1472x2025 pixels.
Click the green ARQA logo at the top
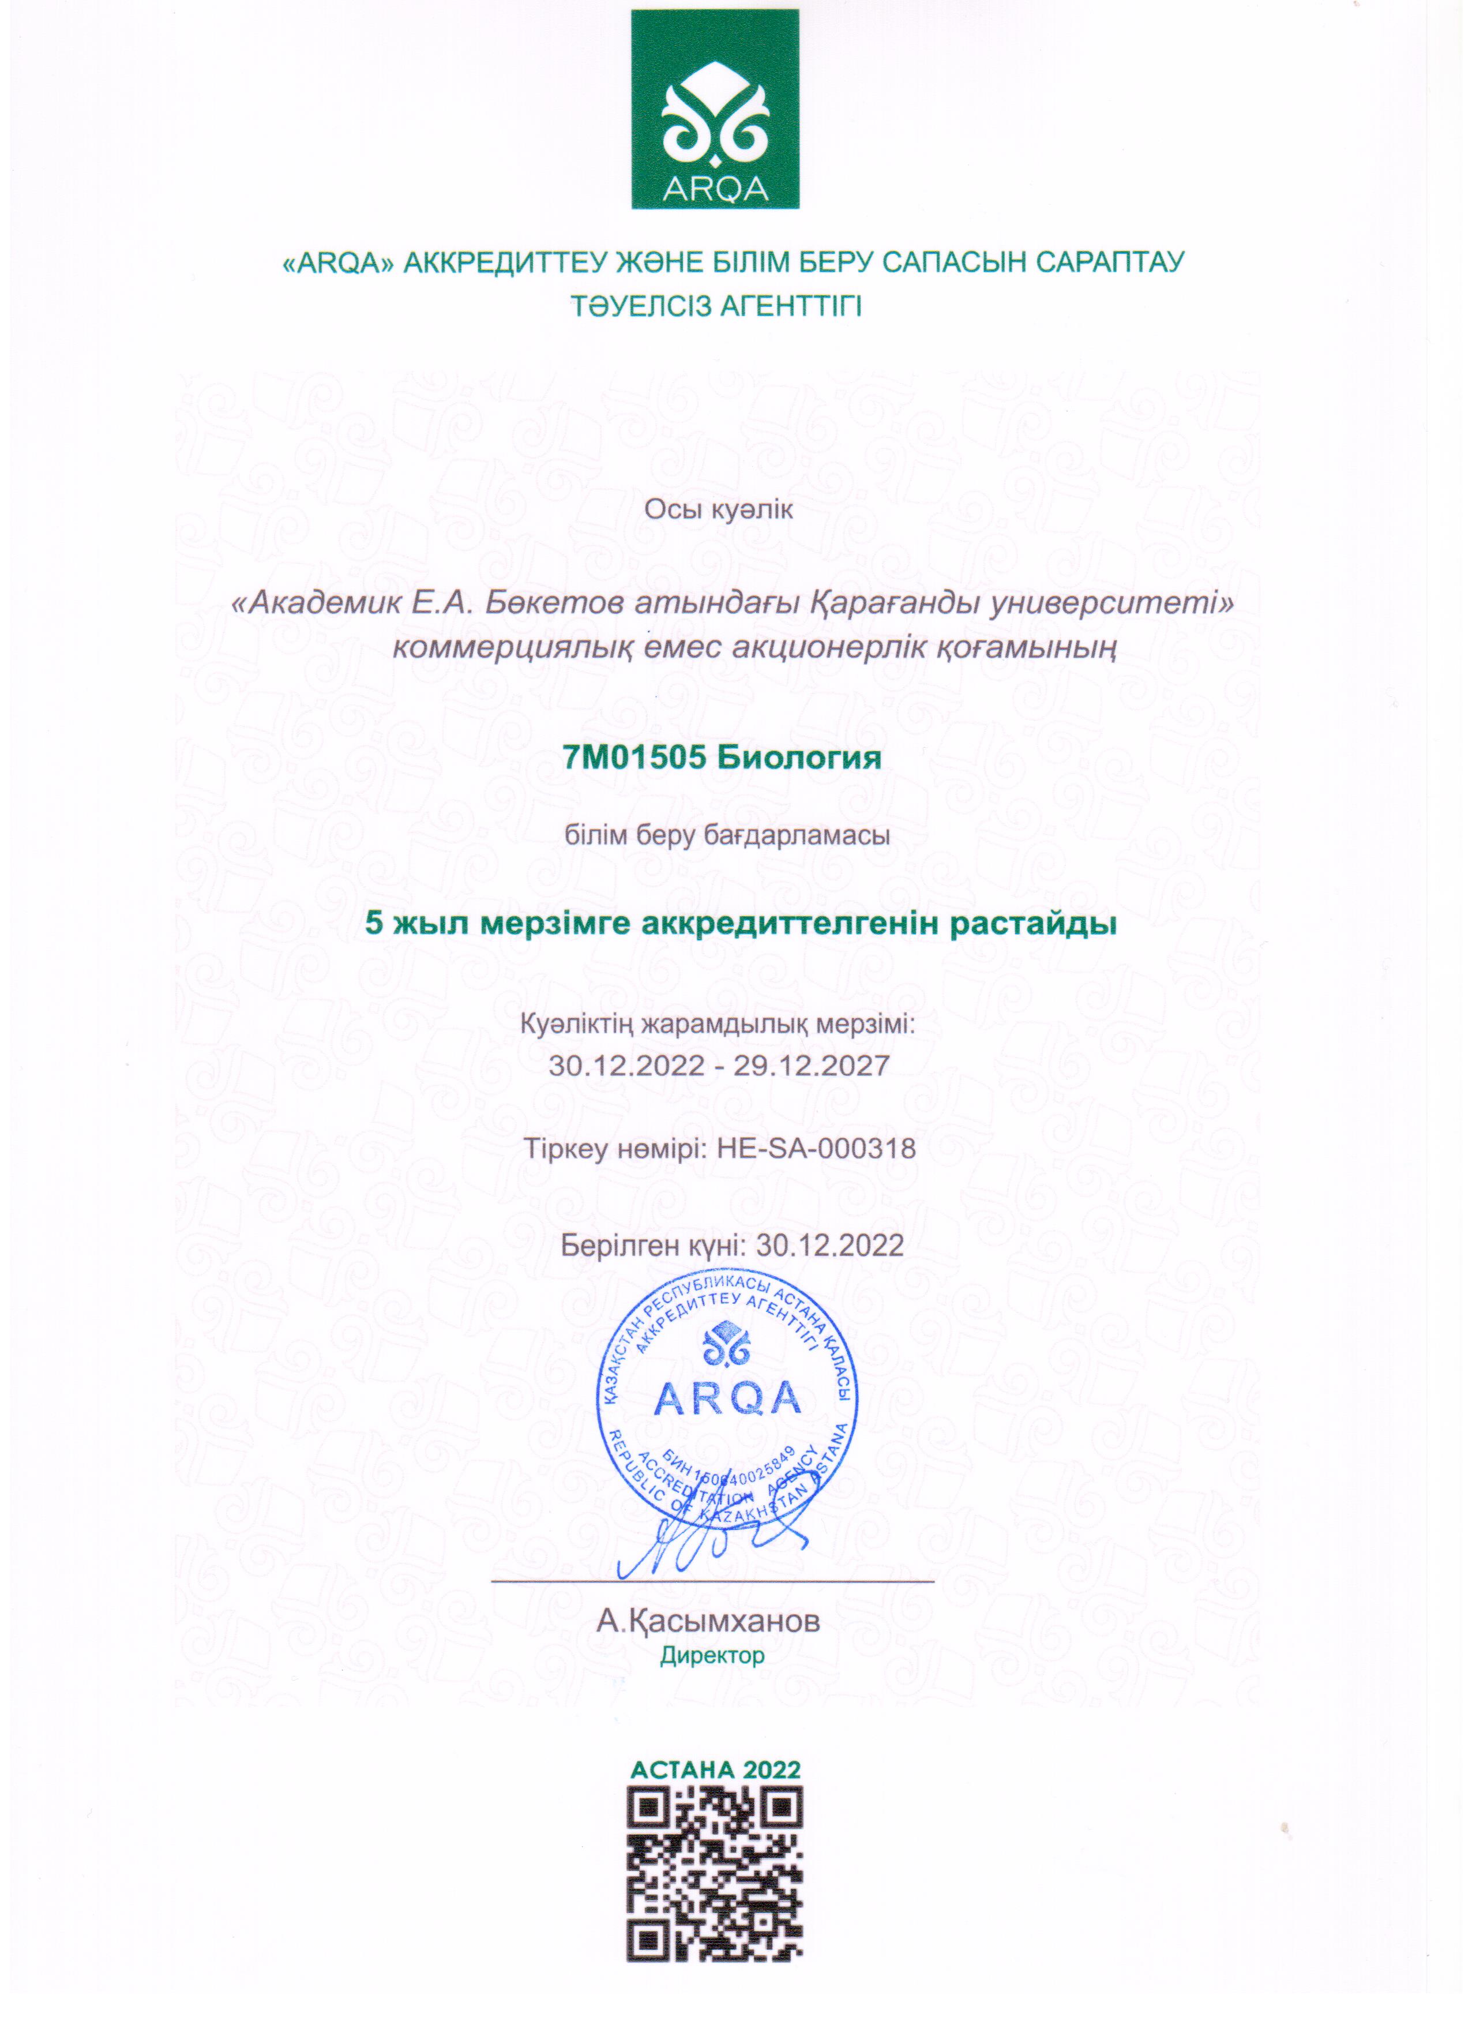(x=715, y=109)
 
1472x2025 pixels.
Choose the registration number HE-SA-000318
(x=816, y=1147)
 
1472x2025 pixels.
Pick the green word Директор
(x=712, y=1656)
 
